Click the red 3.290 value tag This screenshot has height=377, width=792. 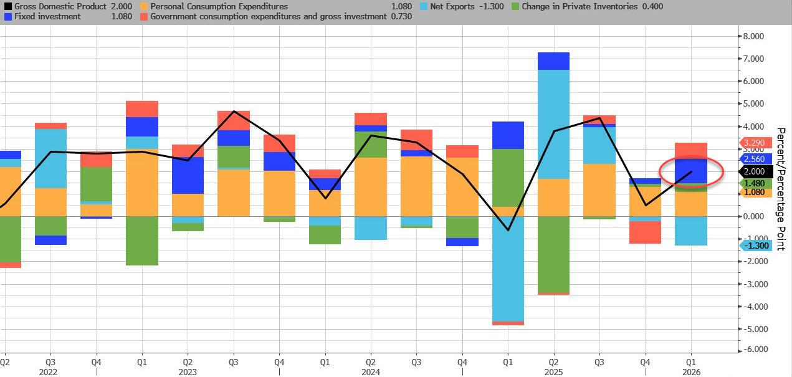click(x=753, y=143)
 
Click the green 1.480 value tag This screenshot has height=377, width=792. click(x=754, y=183)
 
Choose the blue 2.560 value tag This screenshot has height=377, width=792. click(x=754, y=159)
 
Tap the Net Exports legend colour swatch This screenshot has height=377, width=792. click(x=424, y=6)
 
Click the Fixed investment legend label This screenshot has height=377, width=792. click(x=45, y=16)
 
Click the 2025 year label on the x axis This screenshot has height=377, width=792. click(x=553, y=372)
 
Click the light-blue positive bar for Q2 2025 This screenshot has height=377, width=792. click(x=553, y=124)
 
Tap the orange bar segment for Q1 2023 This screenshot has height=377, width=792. click(x=141, y=183)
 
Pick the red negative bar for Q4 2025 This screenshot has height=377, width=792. click(x=645, y=232)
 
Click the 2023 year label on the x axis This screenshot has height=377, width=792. click(x=188, y=372)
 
